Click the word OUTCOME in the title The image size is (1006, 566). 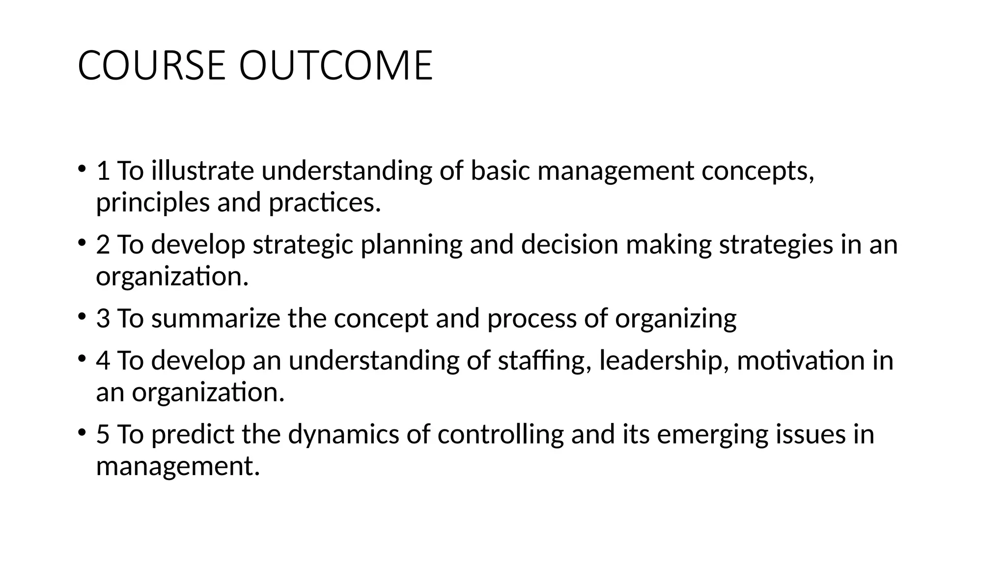335,65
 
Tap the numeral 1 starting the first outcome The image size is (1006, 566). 103,171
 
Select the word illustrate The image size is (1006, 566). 202,171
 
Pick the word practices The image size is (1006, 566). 325,202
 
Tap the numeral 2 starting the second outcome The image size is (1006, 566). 103,245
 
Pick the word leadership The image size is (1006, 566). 664,361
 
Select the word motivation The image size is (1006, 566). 800,360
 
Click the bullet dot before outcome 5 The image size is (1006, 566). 81,432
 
